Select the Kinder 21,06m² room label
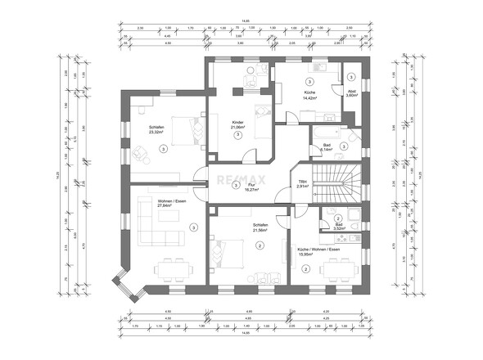point(238,125)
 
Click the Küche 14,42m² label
point(309,96)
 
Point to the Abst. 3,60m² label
point(351,93)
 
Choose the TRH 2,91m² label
point(302,184)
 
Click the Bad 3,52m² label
point(339,227)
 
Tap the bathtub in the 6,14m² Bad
point(323,133)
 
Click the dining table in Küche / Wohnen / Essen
point(336,268)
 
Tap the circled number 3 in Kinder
point(237,136)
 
